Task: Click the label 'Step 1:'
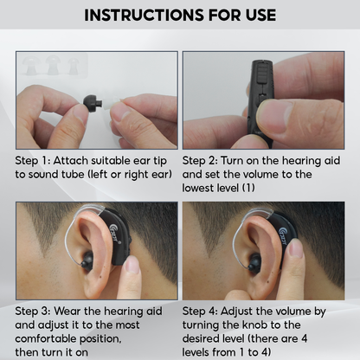coord(32,161)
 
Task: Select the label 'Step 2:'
coord(200,161)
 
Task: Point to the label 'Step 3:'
coord(33,312)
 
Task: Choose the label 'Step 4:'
coord(200,312)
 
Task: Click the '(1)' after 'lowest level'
coord(248,188)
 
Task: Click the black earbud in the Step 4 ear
coord(254,262)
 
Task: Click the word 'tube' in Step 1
coord(72,175)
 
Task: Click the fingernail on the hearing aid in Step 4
coord(295,248)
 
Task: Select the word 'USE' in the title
coord(261,15)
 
